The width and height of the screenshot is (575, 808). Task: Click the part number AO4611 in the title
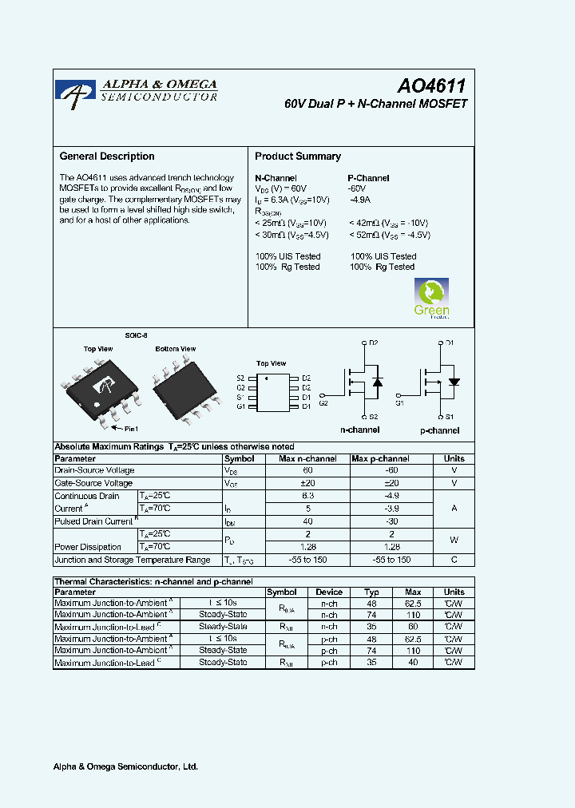pos(431,87)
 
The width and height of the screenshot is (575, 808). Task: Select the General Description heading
pos(107,156)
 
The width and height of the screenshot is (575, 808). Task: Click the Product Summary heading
pos(298,156)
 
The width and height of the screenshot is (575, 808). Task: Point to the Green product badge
pos(431,299)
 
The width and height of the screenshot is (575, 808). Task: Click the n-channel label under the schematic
pos(360,430)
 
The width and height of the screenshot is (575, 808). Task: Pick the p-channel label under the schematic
pos(439,430)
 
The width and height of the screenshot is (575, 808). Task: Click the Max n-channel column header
pos(308,459)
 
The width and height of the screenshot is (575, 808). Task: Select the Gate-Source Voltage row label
pos(93,483)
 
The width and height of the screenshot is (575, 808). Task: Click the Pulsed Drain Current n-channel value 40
pos(308,521)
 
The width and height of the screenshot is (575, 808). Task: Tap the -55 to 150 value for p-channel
pos(391,560)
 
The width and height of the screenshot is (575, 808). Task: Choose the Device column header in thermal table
pos(329,592)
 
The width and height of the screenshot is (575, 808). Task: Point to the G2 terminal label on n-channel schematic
pos(323,403)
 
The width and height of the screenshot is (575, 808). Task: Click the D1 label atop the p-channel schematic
pos(450,343)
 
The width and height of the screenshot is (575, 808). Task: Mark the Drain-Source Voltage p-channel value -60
pos(391,471)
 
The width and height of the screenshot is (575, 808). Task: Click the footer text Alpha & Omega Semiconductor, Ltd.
pos(125,766)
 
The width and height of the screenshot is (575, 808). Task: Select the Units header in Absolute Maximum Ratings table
pos(454,459)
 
